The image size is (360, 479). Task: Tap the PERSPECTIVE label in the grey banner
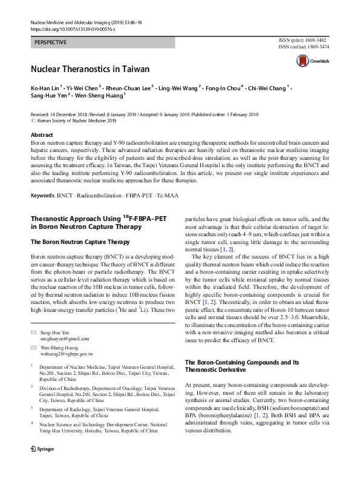pos(50,42)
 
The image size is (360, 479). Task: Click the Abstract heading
pos(41,135)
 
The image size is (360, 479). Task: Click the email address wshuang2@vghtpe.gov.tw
pos(66,353)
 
